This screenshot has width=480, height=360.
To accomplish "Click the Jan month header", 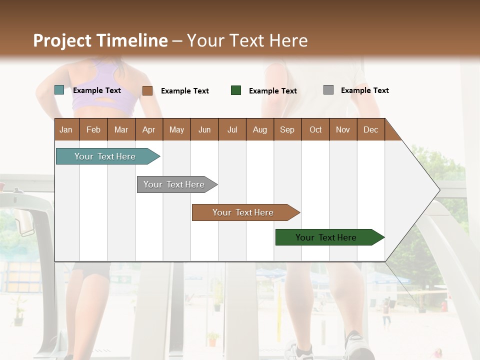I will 66,129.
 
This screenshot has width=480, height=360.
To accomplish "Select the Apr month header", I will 148,129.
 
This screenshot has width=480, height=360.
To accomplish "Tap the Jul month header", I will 232,129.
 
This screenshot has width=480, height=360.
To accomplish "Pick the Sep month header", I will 287,129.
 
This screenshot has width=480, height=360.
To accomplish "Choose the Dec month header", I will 370,129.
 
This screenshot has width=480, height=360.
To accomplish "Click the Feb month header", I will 93,129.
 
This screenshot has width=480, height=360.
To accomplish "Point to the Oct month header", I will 315,129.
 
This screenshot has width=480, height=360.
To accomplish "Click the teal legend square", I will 59,90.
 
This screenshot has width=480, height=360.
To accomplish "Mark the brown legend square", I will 147,90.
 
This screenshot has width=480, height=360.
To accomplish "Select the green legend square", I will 236,90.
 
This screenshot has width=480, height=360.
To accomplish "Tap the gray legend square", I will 328,90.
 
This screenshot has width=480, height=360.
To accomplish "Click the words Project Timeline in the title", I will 100,40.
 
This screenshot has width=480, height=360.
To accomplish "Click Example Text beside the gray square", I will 364,90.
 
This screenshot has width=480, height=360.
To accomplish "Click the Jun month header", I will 204,129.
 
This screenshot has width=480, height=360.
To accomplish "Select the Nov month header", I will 343,129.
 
